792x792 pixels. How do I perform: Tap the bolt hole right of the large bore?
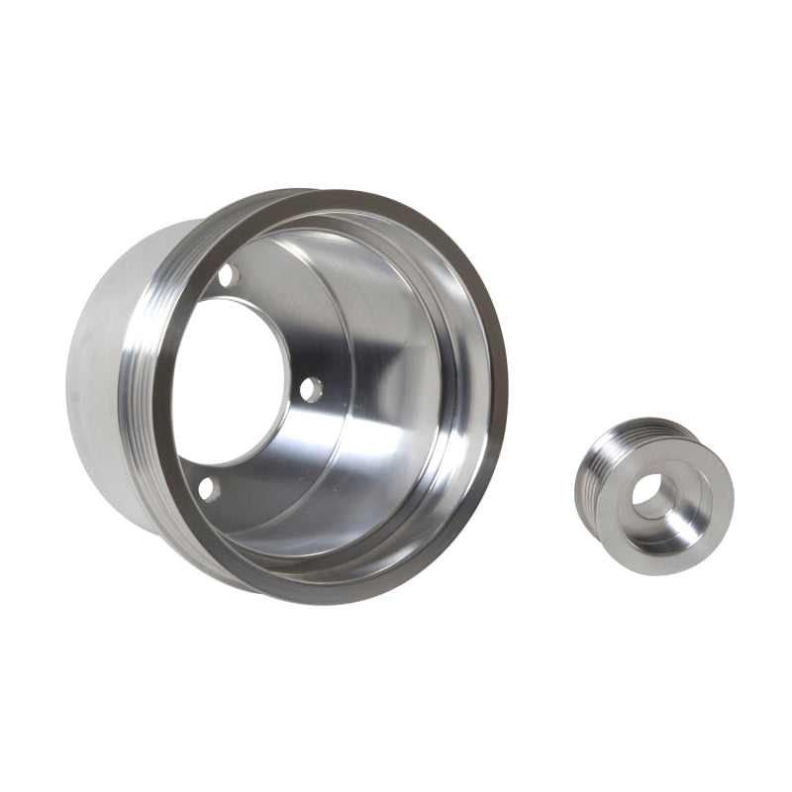coord(311,389)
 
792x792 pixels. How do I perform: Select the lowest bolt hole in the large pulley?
coord(207,487)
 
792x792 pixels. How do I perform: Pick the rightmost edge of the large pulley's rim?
coord(506,396)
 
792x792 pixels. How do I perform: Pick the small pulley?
coord(653,495)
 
